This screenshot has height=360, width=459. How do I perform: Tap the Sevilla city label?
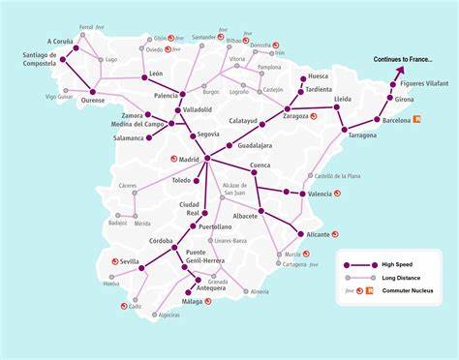pos(130,261)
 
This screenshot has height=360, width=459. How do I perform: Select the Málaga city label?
pos(193,301)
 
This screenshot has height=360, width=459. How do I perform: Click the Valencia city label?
pos(320,195)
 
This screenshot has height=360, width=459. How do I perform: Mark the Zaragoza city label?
pos(296,115)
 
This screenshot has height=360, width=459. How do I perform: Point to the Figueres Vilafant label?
pos(424,84)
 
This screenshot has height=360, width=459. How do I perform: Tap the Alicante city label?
pos(319,234)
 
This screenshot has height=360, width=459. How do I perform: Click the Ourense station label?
pos(93,100)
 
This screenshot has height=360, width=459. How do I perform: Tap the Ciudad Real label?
pos(189,209)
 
